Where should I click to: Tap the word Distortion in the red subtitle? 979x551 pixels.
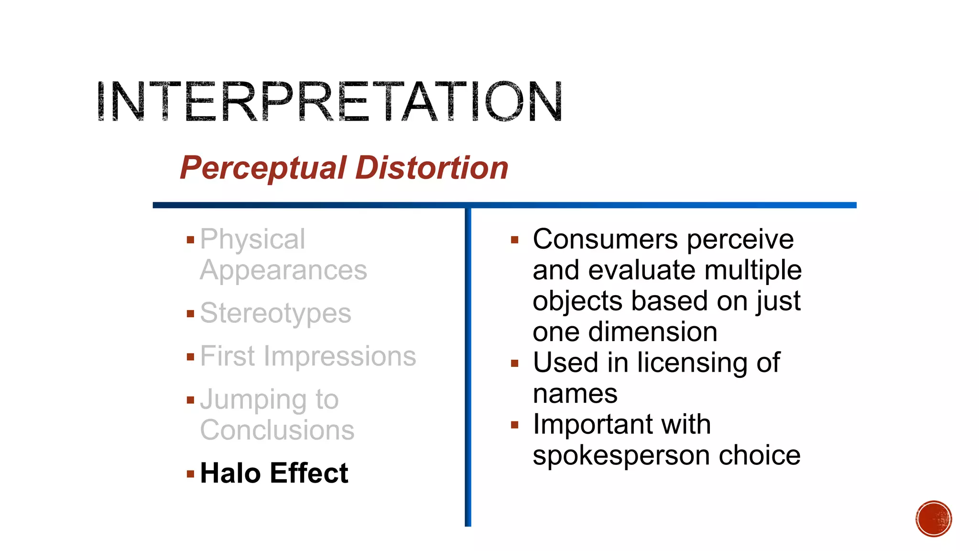(x=432, y=168)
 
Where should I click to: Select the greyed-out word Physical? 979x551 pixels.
(x=252, y=239)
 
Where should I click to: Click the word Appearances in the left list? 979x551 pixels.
(x=283, y=270)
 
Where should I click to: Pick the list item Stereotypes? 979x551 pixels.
(x=275, y=313)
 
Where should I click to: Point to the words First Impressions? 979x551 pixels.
(x=308, y=356)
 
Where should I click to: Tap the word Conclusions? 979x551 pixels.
(x=277, y=430)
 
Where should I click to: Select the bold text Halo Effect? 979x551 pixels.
(x=274, y=473)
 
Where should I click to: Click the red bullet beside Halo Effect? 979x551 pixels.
(x=191, y=474)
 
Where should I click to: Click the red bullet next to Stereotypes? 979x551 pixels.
(x=191, y=314)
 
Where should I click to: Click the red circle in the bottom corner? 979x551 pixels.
(x=934, y=518)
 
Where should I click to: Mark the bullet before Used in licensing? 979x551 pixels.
(x=514, y=364)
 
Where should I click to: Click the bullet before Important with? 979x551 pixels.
(x=514, y=425)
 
